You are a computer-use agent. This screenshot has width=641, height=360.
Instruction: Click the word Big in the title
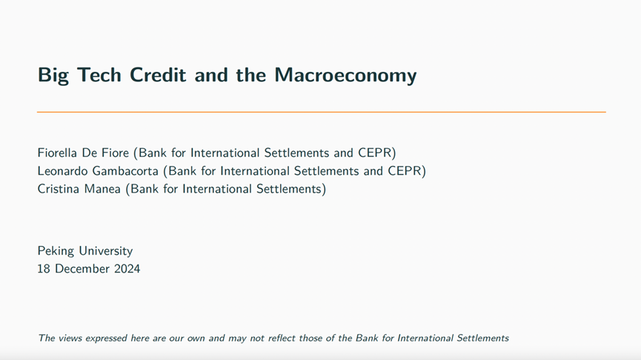53,76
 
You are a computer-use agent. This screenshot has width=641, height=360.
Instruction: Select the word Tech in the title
99,75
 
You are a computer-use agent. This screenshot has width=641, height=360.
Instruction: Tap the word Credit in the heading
158,75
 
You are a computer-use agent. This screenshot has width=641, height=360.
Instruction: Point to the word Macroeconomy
345,76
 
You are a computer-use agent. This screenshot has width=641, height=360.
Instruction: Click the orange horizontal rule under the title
322,112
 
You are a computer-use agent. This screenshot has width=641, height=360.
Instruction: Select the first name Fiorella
57,153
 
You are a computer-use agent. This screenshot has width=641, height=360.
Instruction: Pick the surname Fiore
116,153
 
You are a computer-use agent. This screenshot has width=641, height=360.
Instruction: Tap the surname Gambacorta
125,170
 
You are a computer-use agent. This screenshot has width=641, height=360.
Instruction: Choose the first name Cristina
58,188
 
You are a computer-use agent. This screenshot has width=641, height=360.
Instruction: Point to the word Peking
56,250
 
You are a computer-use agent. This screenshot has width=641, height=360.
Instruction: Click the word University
106,250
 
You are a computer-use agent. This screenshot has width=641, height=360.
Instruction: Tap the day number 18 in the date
43,268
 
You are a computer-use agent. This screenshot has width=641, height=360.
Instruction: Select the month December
82,268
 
